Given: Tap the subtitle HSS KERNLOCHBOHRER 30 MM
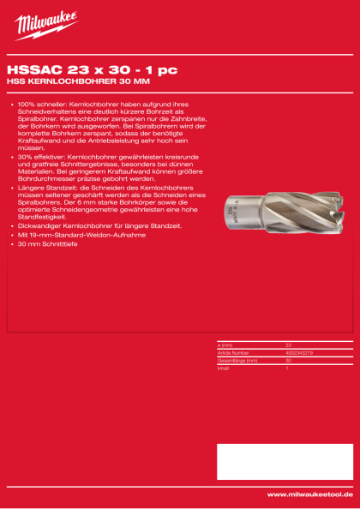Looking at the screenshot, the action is click(74, 82).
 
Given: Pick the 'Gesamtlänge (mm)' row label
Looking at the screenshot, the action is click(236, 359).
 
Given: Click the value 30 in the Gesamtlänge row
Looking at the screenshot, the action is click(288, 359).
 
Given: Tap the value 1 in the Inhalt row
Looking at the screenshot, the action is click(286, 366).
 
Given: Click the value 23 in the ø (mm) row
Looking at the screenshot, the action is click(288, 344).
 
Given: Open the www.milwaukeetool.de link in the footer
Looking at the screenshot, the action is click(309, 494).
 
